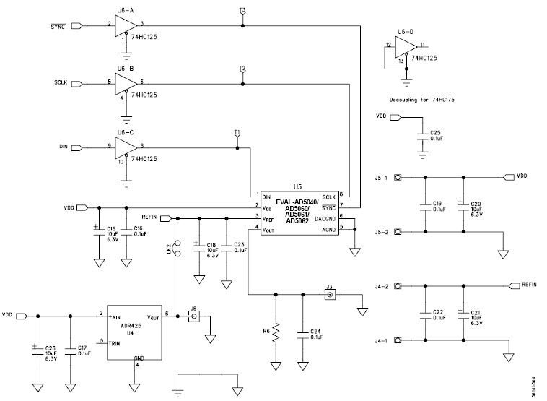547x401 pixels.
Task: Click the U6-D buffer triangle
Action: point(406,46)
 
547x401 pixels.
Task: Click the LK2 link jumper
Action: point(177,249)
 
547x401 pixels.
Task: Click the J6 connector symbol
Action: point(193,316)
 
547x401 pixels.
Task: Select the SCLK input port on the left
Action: point(76,82)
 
